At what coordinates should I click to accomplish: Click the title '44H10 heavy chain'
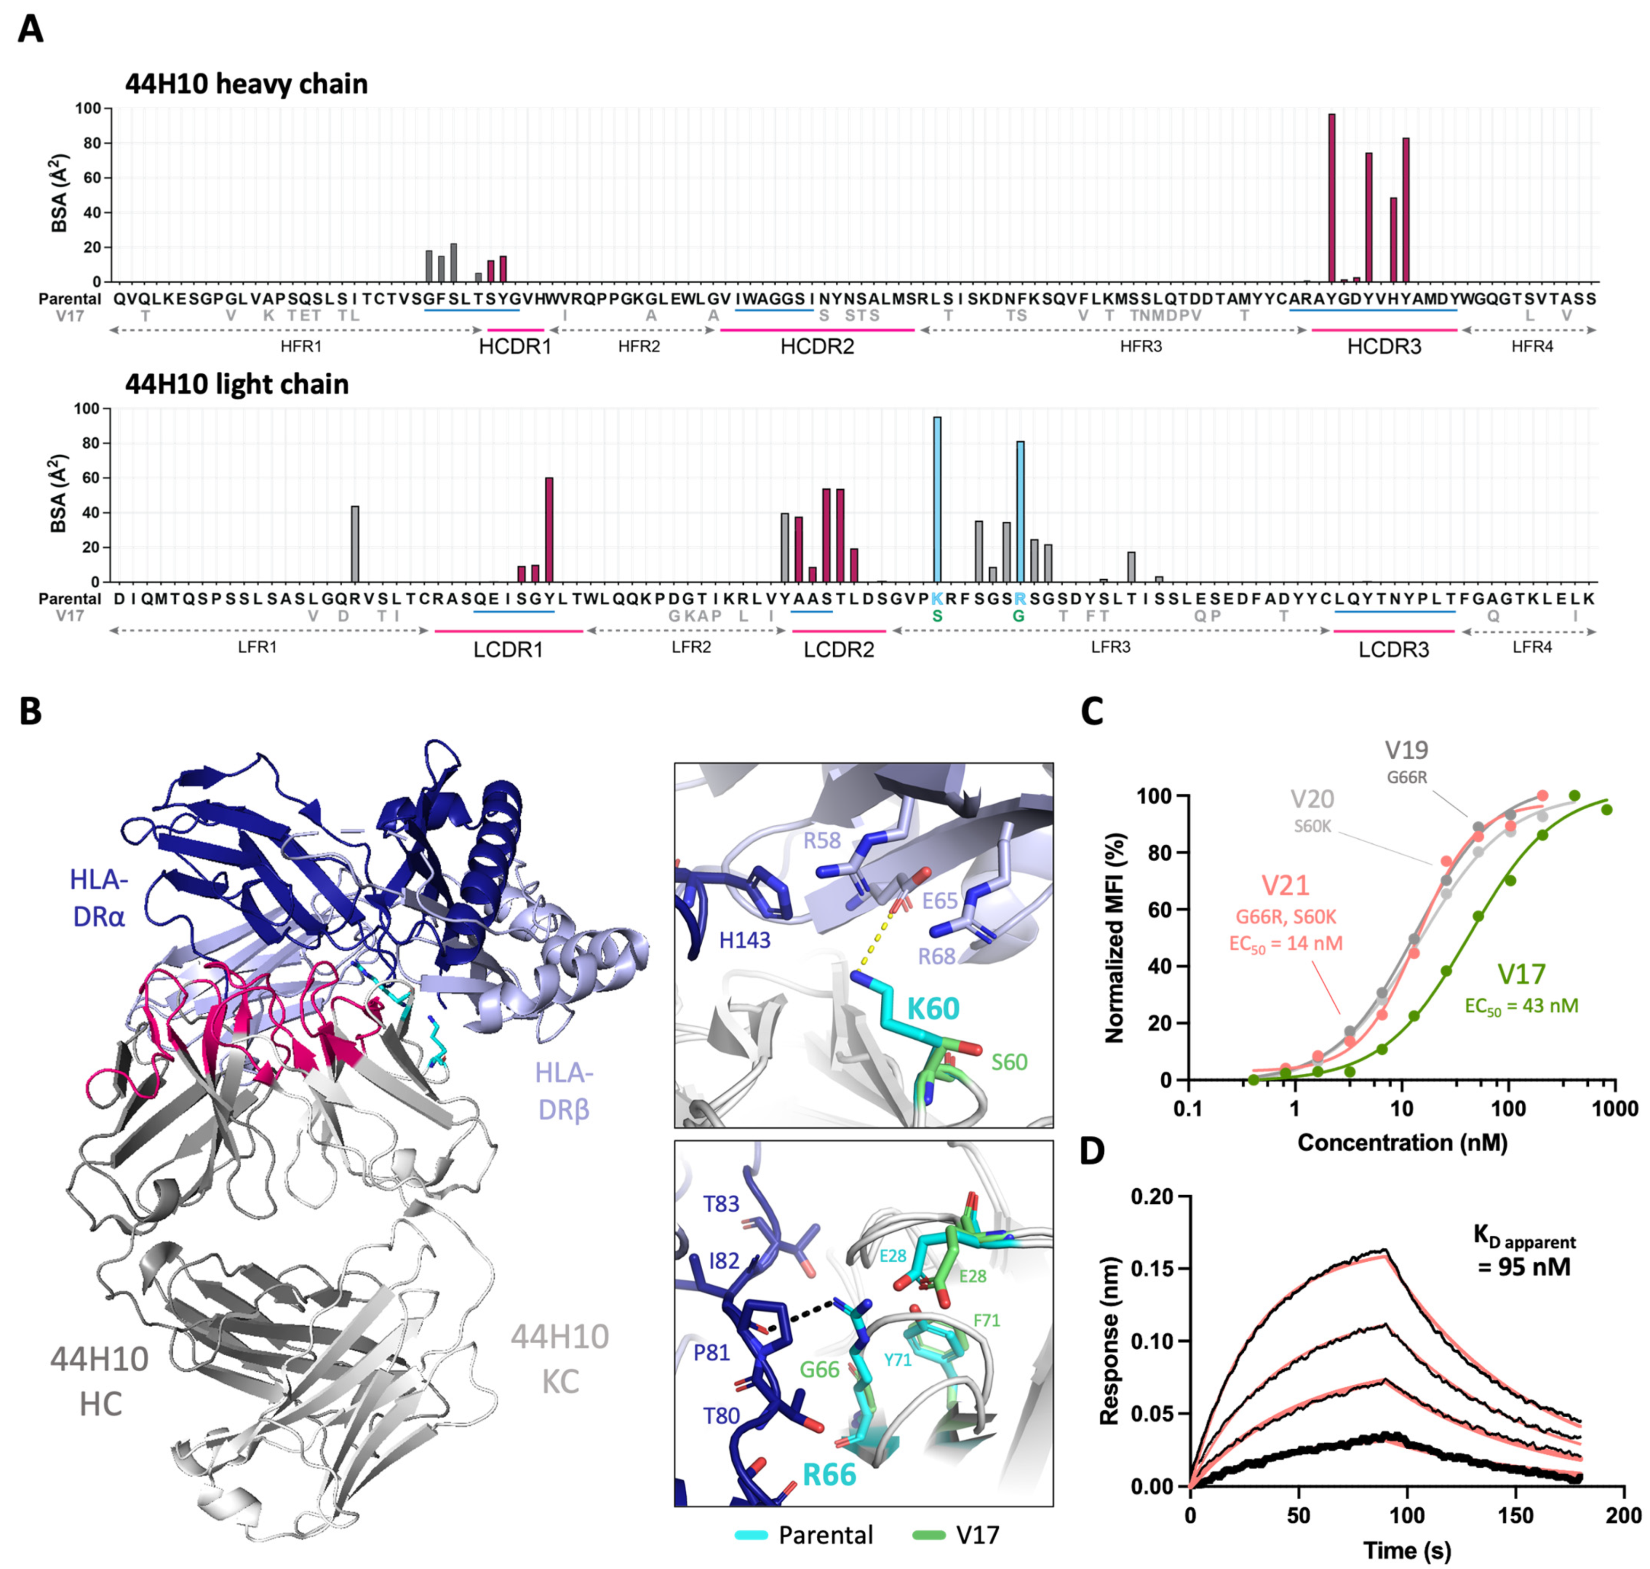(246, 84)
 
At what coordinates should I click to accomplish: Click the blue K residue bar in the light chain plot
(936, 499)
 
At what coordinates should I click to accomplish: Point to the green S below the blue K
(936, 616)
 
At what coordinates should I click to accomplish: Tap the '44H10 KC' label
(559, 1358)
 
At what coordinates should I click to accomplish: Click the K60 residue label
(933, 1009)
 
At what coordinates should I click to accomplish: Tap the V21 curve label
(1285, 885)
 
